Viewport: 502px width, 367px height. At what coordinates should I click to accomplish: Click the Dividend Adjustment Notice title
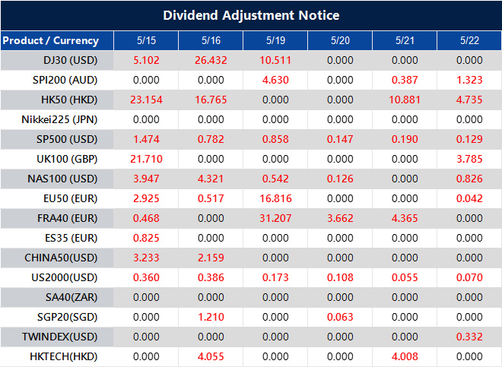tap(251, 15)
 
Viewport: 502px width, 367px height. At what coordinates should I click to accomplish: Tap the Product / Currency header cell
tap(50, 40)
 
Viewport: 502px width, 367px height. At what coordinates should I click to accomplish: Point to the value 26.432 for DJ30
tap(211, 60)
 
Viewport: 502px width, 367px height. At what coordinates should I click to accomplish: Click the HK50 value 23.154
tap(146, 100)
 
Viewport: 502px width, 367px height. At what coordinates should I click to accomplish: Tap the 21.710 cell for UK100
tap(146, 159)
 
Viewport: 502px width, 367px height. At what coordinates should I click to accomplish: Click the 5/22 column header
tap(469, 40)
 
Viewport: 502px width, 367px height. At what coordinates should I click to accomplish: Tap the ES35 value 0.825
tap(146, 238)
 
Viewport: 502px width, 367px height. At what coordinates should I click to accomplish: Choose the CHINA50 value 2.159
tap(211, 258)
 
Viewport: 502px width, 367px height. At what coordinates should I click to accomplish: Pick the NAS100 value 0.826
tap(469, 179)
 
